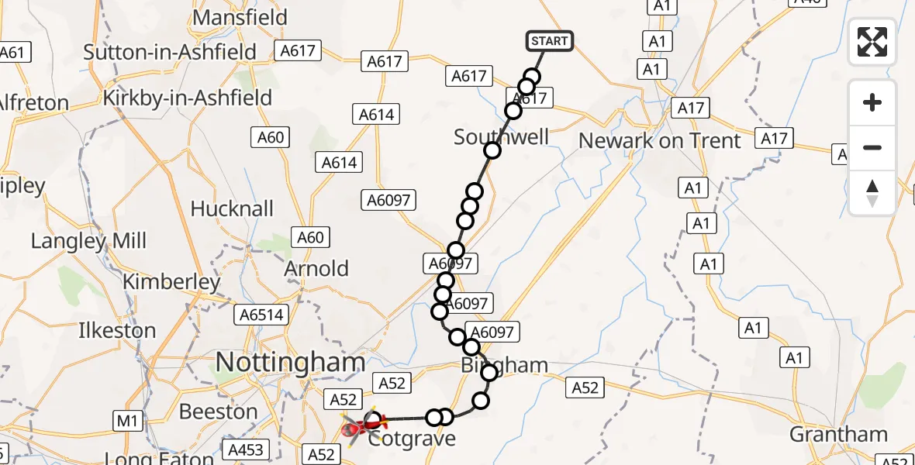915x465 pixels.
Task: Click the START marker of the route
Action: pos(550,40)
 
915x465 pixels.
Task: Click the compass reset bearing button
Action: pos(872,192)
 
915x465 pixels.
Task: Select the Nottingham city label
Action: pos(289,362)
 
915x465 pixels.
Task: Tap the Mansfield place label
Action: pos(240,17)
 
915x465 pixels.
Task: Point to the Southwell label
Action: pos(501,137)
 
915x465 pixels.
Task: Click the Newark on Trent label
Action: pos(660,141)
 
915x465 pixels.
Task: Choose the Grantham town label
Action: pos(838,434)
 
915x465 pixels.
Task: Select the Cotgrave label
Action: pos(411,439)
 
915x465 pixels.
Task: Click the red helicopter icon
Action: pos(358,425)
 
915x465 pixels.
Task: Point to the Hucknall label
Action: pos(232,208)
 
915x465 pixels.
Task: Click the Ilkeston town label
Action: pos(117,331)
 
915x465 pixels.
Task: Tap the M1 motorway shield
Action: pos(127,422)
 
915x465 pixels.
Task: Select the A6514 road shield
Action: pos(263,315)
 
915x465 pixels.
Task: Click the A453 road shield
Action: pos(246,449)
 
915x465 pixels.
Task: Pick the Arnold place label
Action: pos(316,269)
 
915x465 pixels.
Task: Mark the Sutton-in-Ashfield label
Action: pos(170,52)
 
